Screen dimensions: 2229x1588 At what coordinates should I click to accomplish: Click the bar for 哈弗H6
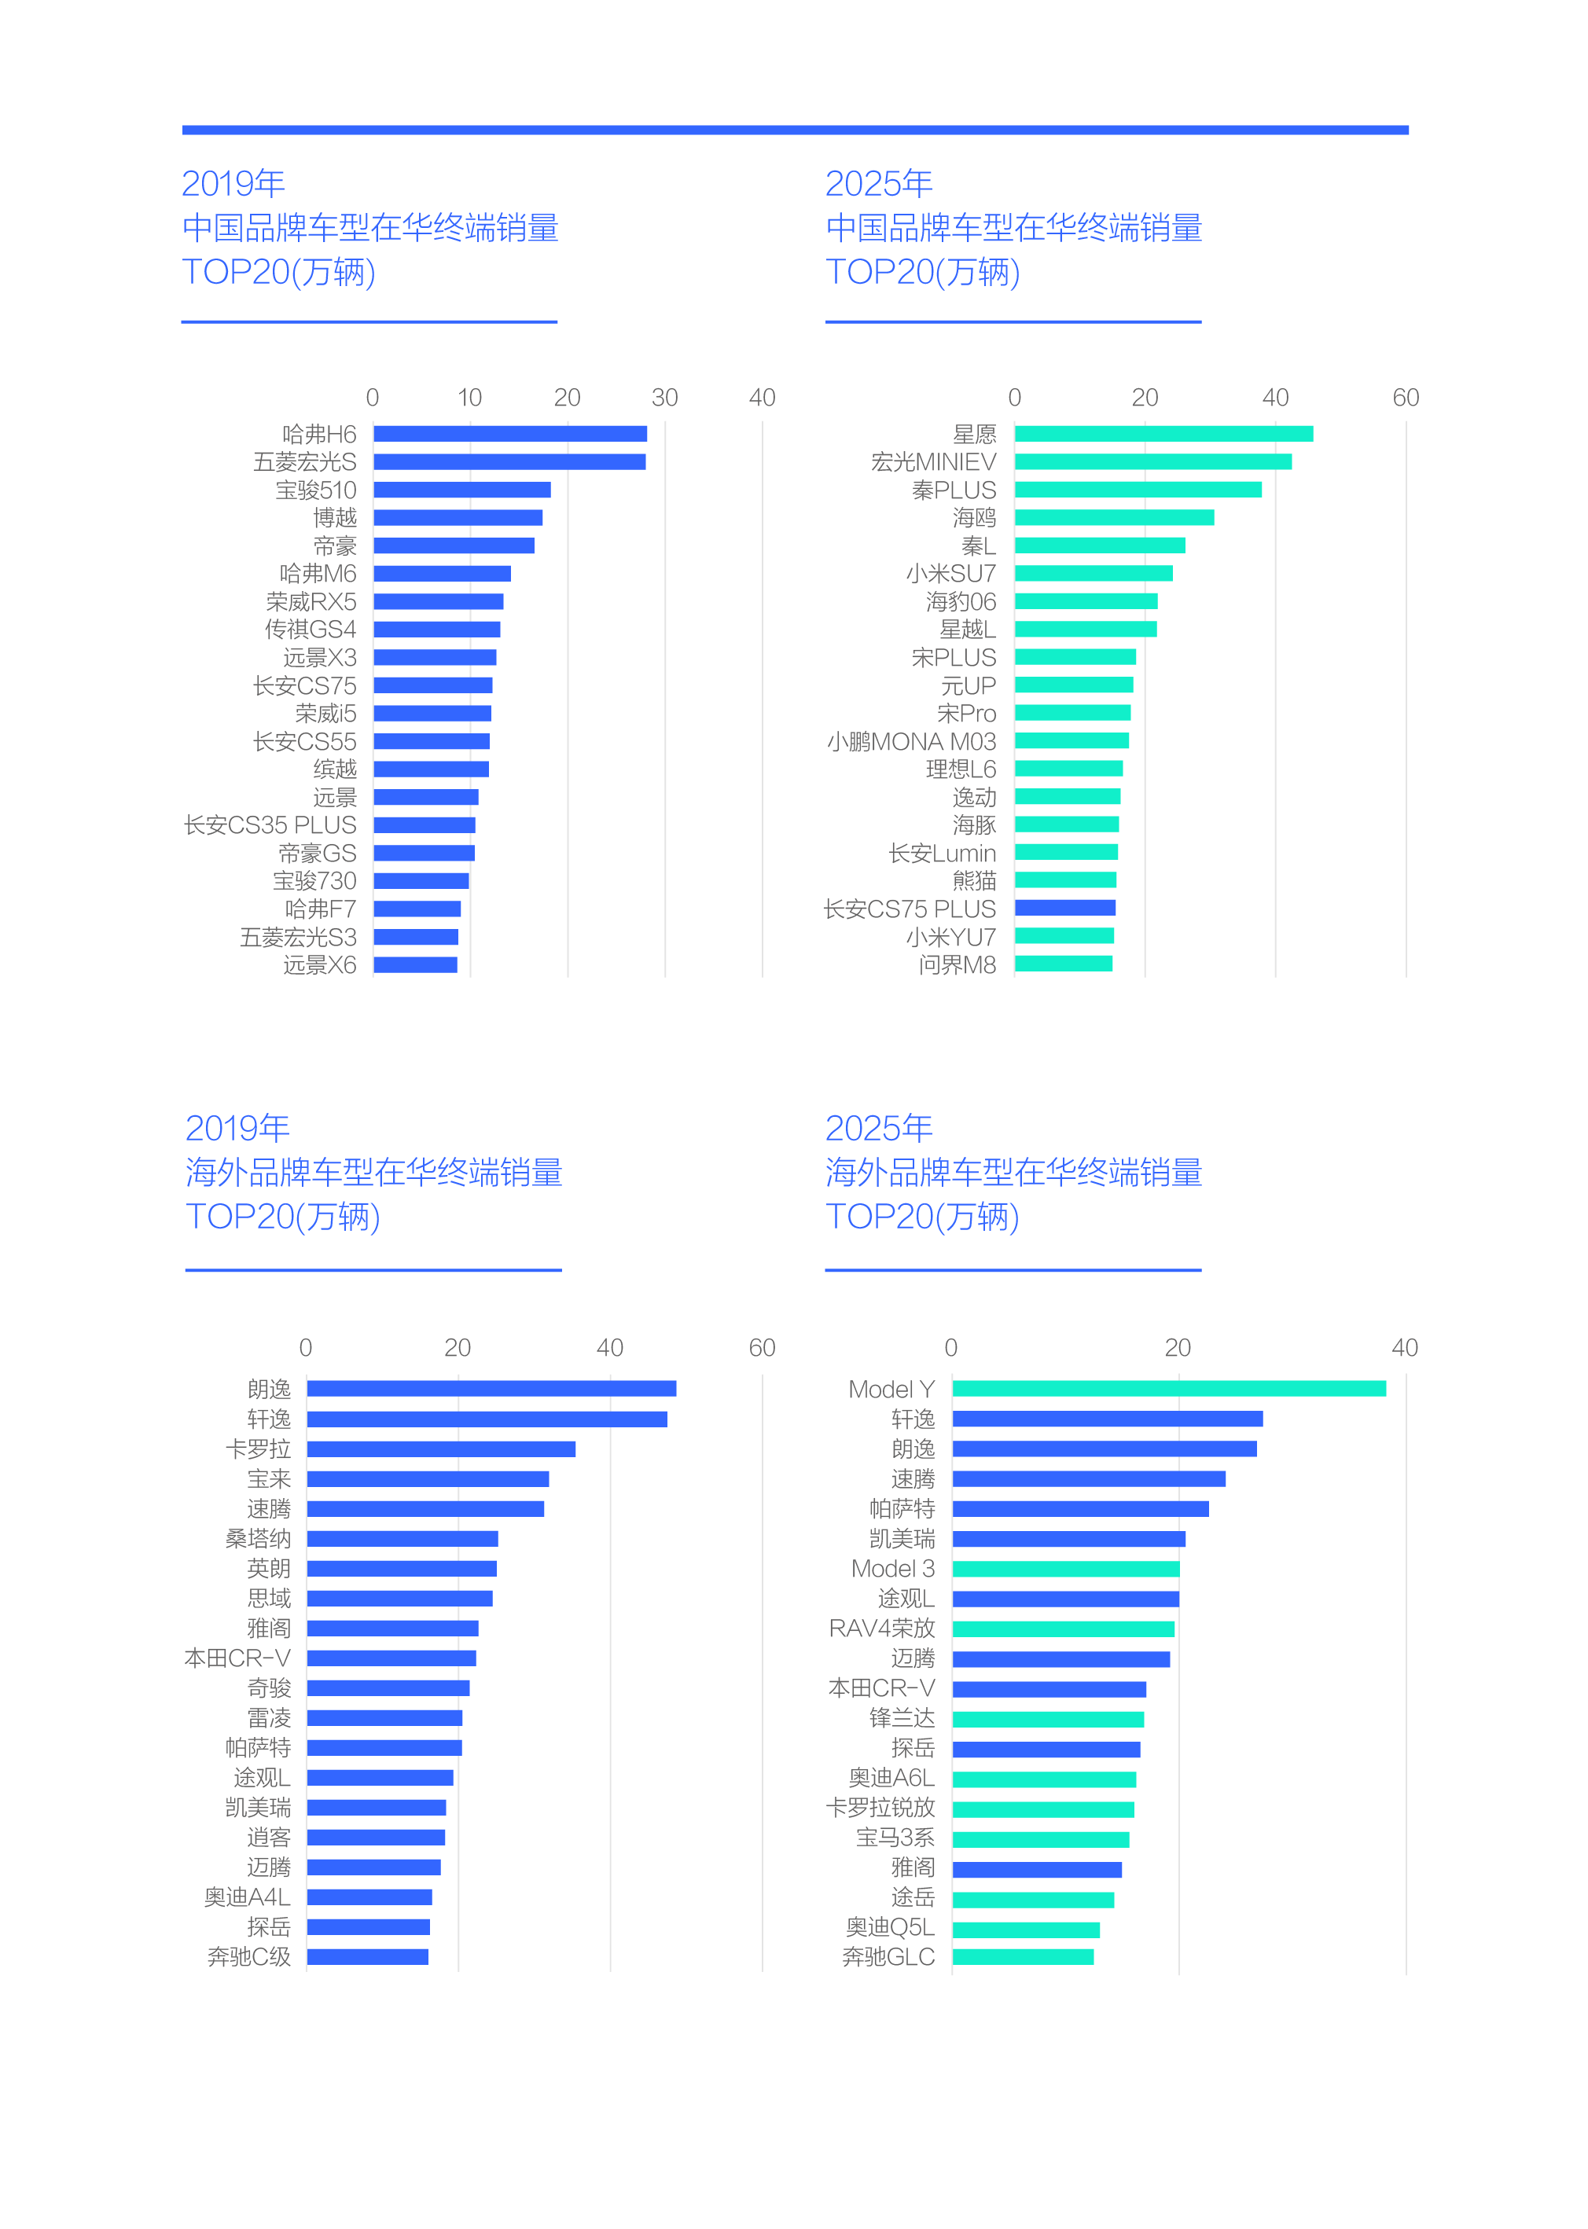click(x=509, y=434)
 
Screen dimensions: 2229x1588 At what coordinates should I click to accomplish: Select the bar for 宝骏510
click(x=461, y=490)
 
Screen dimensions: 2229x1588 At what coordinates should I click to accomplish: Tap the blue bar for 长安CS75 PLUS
click(x=1065, y=909)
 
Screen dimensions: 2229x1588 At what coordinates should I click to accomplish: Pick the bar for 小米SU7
click(x=1094, y=574)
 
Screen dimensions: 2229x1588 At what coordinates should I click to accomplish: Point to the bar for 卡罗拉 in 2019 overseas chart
click(x=441, y=1449)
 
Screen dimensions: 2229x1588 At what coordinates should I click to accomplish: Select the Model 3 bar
click(x=1066, y=1569)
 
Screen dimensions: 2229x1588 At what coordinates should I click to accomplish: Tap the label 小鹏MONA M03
click(x=911, y=742)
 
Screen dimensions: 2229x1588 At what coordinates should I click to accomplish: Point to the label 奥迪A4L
click(x=248, y=1897)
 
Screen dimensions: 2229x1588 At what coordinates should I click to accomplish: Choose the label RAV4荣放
click(x=882, y=1629)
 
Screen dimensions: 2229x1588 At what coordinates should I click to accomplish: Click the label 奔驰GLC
click(x=889, y=1957)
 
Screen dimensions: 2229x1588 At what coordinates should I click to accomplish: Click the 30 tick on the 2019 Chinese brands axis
click(x=665, y=398)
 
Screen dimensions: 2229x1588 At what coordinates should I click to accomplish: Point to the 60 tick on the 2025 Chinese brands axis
click(x=1405, y=398)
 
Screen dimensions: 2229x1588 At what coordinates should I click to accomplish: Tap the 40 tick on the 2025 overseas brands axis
click(x=1404, y=1348)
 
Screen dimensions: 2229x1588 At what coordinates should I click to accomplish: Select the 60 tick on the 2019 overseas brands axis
click(x=762, y=1348)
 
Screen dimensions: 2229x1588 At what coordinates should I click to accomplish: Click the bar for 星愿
click(x=1163, y=434)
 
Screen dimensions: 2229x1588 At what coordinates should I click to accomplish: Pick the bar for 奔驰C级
click(x=368, y=1957)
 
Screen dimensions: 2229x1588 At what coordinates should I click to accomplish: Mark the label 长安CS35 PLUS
click(x=270, y=826)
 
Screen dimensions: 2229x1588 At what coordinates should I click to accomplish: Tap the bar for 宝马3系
click(x=1040, y=1839)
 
